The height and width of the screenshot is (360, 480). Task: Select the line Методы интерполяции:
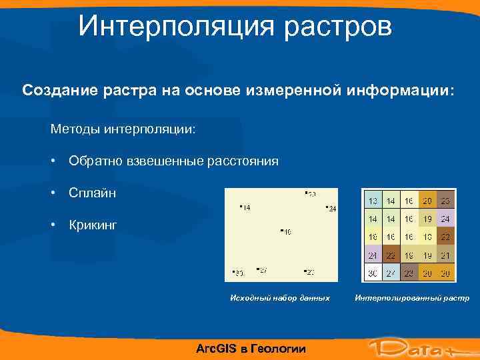click(x=123, y=127)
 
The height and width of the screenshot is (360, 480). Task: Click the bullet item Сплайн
click(x=92, y=193)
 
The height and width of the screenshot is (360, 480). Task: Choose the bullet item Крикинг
click(x=93, y=225)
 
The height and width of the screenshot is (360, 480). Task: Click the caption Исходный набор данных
click(x=280, y=297)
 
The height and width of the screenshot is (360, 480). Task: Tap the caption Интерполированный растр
click(x=412, y=297)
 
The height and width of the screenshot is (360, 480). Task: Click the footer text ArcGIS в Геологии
click(x=251, y=348)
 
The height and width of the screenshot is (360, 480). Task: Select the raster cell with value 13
click(x=373, y=200)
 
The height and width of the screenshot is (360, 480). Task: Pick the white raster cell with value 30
click(x=373, y=273)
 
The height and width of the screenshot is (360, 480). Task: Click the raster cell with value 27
click(x=391, y=273)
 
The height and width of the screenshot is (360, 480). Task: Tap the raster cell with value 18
click(x=409, y=255)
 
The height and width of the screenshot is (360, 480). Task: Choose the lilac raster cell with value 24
click(x=445, y=218)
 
